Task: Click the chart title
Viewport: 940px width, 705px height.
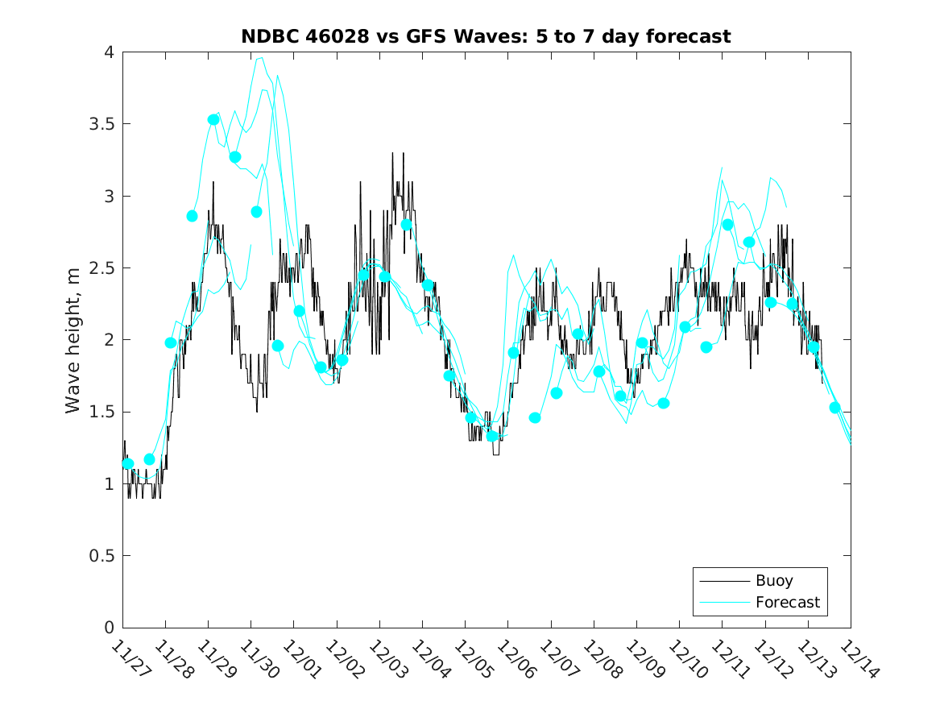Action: pyautogui.click(x=486, y=36)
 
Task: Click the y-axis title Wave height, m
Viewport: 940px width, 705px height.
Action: pyautogui.click(x=73, y=340)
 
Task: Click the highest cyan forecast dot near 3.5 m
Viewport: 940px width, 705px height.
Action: pyautogui.click(x=213, y=119)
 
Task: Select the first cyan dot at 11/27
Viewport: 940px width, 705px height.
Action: pyautogui.click(x=127, y=463)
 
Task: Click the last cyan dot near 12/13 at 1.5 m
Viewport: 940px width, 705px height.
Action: pyautogui.click(x=834, y=408)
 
